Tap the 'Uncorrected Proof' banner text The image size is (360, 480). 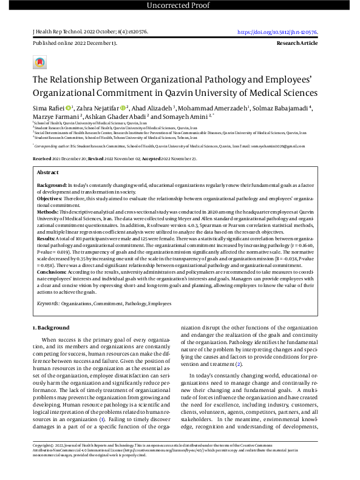click(180, 6)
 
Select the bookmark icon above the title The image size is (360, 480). click(39, 63)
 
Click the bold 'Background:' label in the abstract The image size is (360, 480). click(52, 184)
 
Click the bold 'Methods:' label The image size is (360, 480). click(49, 212)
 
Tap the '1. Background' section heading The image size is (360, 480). click(50, 328)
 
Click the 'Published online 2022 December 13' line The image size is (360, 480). click(75, 44)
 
